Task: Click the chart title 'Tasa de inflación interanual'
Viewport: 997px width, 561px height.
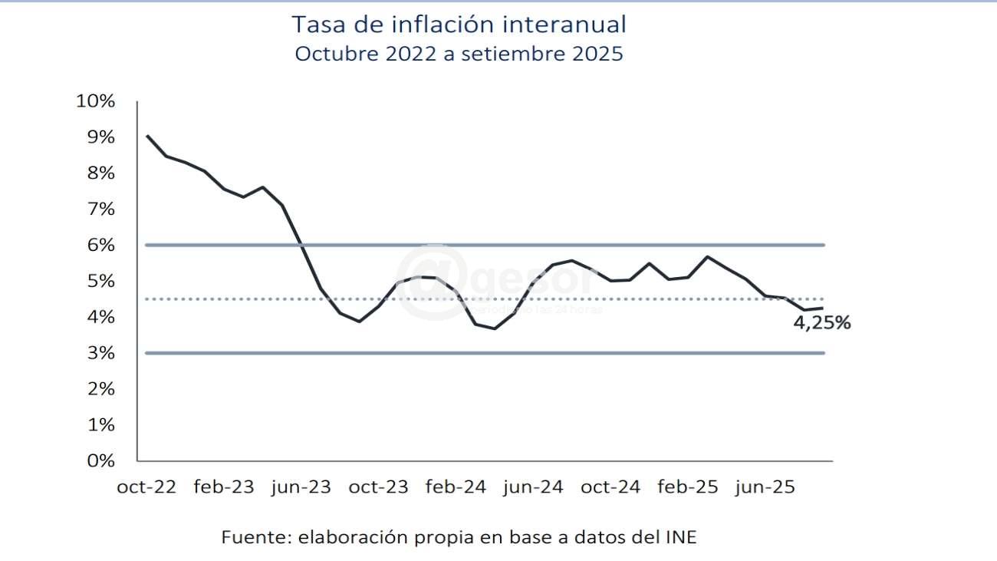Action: click(x=459, y=25)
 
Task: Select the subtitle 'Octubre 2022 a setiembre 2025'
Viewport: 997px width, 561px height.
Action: click(x=459, y=54)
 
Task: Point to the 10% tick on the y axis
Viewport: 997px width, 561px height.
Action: click(x=96, y=101)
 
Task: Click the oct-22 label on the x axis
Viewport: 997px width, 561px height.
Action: click(x=146, y=487)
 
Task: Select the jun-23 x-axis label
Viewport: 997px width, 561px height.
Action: click(x=301, y=487)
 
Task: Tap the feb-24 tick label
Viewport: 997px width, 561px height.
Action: click(x=456, y=487)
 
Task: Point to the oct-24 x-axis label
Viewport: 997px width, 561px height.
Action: click(x=610, y=487)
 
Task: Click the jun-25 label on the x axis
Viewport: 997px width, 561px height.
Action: click(x=765, y=487)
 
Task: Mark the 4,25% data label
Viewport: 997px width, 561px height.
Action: click(x=821, y=324)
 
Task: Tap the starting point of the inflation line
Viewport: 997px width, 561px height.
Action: click(x=146, y=136)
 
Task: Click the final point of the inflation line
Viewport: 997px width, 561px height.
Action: click(x=823, y=308)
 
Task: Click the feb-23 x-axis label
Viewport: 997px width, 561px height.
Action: click(x=223, y=487)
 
